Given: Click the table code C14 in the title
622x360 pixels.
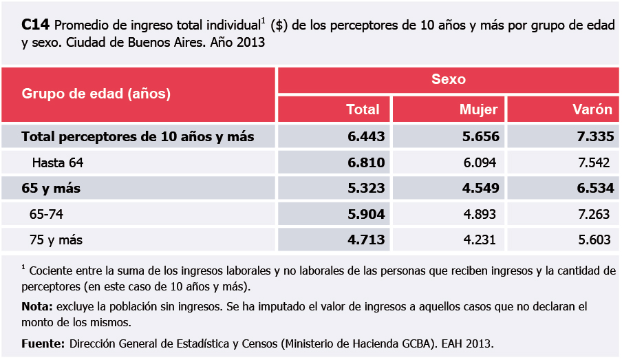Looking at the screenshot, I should tap(35, 26).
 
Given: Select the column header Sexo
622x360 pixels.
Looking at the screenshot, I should tap(449, 79).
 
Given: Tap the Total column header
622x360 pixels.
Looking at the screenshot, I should tap(363, 109).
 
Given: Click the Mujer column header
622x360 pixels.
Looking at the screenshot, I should tap(479, 109).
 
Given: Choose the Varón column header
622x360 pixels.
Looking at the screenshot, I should tap(592, 109).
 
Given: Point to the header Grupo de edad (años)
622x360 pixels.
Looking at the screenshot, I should tap(96, 94).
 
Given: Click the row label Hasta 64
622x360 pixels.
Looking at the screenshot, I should tap(58, 163).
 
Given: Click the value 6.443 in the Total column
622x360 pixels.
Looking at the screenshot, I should tap(366, 137).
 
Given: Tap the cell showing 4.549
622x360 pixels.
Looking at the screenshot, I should tap(481, 188).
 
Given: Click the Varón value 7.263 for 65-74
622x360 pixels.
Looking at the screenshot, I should tap(594, 214).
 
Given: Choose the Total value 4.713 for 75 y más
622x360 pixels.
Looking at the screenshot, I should tap(366, 240).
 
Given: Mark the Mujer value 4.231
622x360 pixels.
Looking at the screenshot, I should tap(482, 240).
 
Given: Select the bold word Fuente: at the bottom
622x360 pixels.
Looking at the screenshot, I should tap(43, 343).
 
